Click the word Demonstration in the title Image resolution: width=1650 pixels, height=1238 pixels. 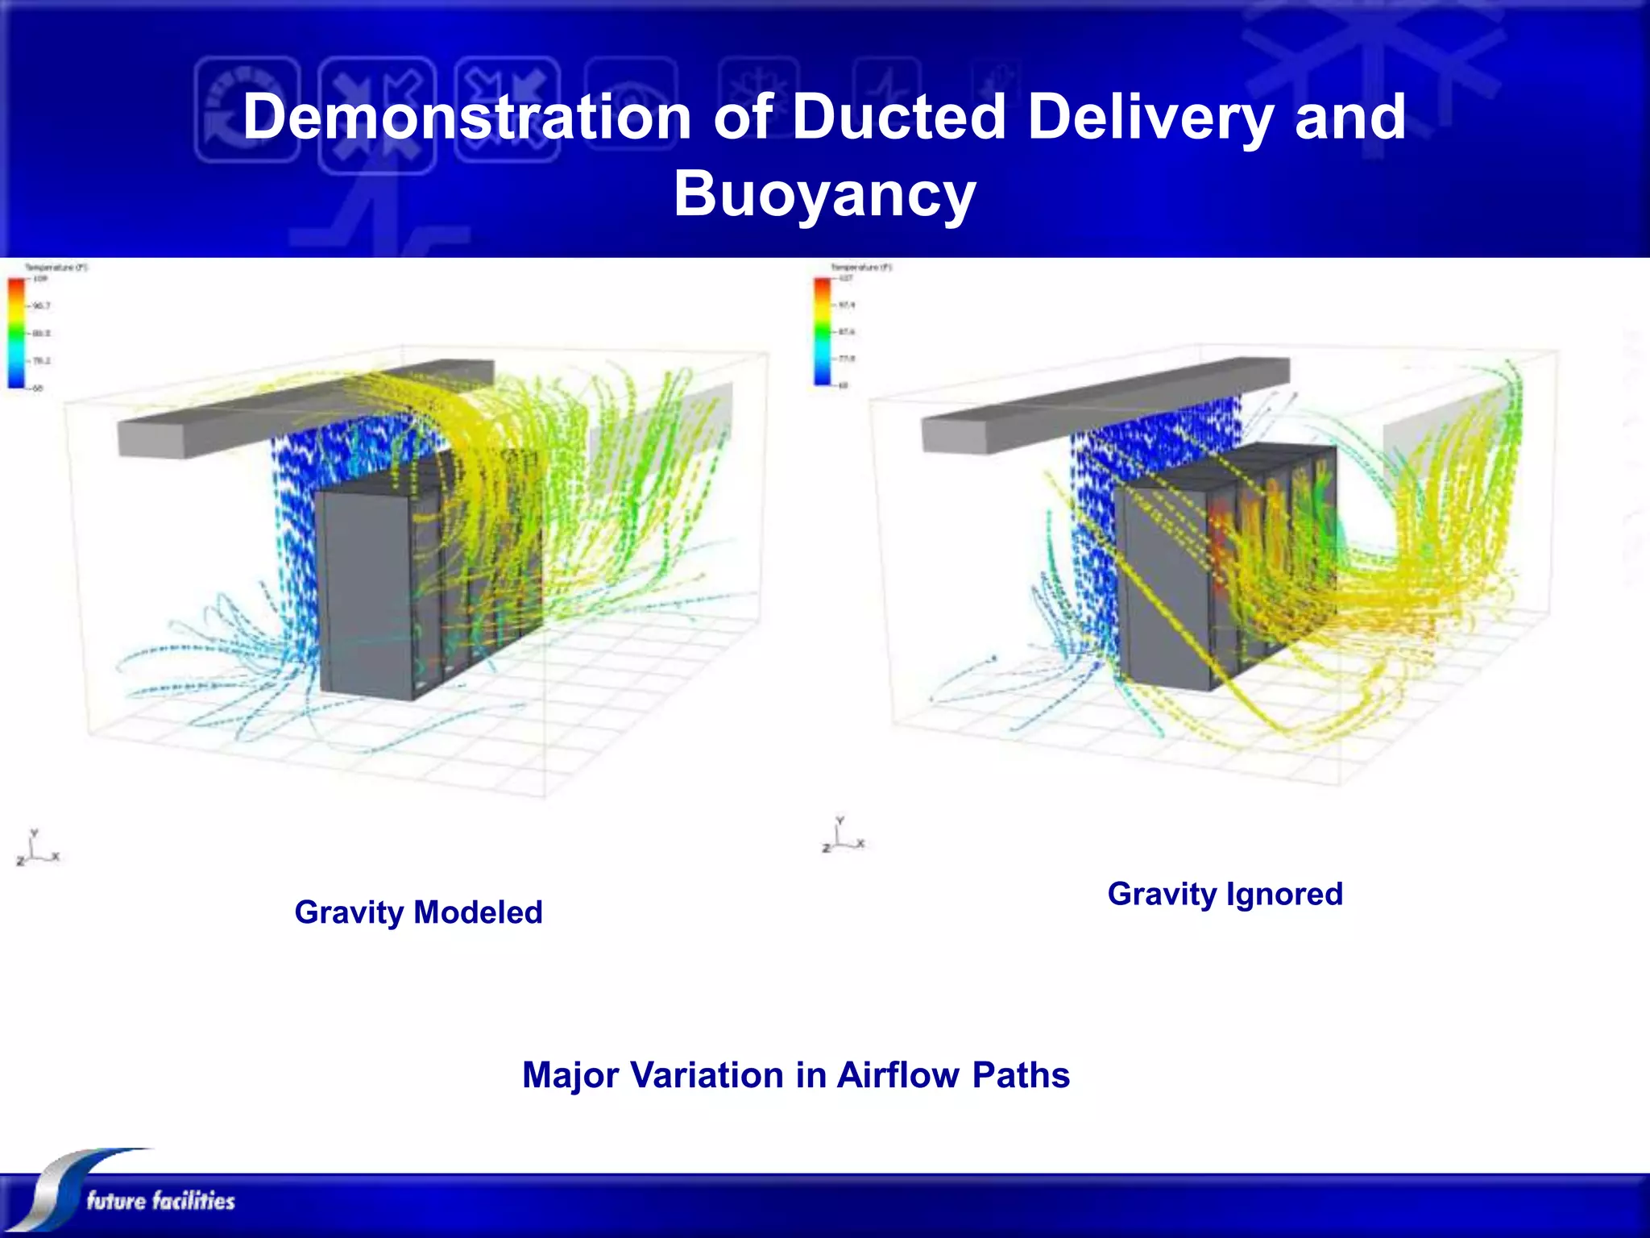pos(467,118)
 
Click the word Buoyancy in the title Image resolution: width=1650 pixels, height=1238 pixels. pos(824,195)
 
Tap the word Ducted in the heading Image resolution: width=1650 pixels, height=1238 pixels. pos(898,118)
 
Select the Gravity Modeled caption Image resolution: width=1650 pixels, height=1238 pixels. pos(418,912)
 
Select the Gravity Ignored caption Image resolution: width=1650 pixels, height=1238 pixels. pos(1225,894)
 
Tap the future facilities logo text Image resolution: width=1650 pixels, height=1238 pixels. pos(160,1201)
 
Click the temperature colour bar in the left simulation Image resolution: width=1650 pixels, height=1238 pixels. pos(16,332)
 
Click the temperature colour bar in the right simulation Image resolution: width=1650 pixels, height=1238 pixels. pos(822,330)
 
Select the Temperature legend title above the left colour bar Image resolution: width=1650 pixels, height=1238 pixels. pos(56,268)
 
